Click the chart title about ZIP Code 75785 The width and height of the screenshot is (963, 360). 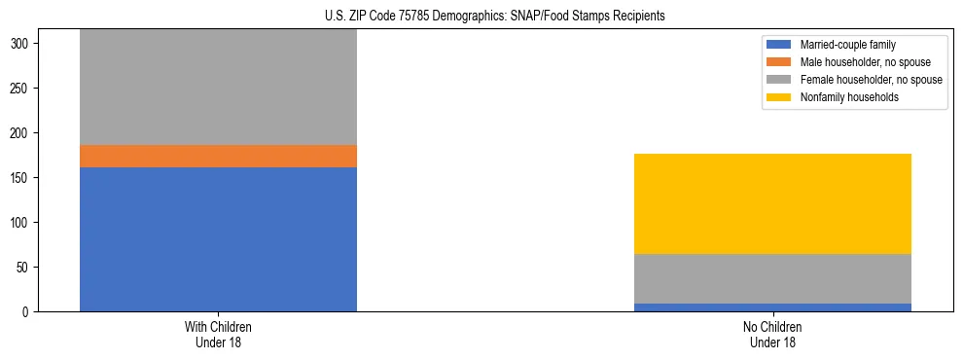[495, 17]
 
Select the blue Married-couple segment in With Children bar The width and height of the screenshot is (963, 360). [218, 238]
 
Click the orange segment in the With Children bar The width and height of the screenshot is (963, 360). [218, 156]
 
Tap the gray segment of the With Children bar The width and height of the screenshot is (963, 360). [218, 88]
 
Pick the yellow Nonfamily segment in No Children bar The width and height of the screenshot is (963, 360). [772, 203]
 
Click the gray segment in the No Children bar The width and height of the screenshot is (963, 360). [772, 278]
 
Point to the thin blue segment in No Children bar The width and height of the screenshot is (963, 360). [772, 307]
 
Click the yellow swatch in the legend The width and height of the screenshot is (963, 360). [779, 97]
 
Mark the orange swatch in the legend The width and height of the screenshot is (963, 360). [779, 62]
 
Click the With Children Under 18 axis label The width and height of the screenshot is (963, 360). [218, 335]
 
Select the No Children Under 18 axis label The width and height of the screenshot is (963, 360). [772, 335]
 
